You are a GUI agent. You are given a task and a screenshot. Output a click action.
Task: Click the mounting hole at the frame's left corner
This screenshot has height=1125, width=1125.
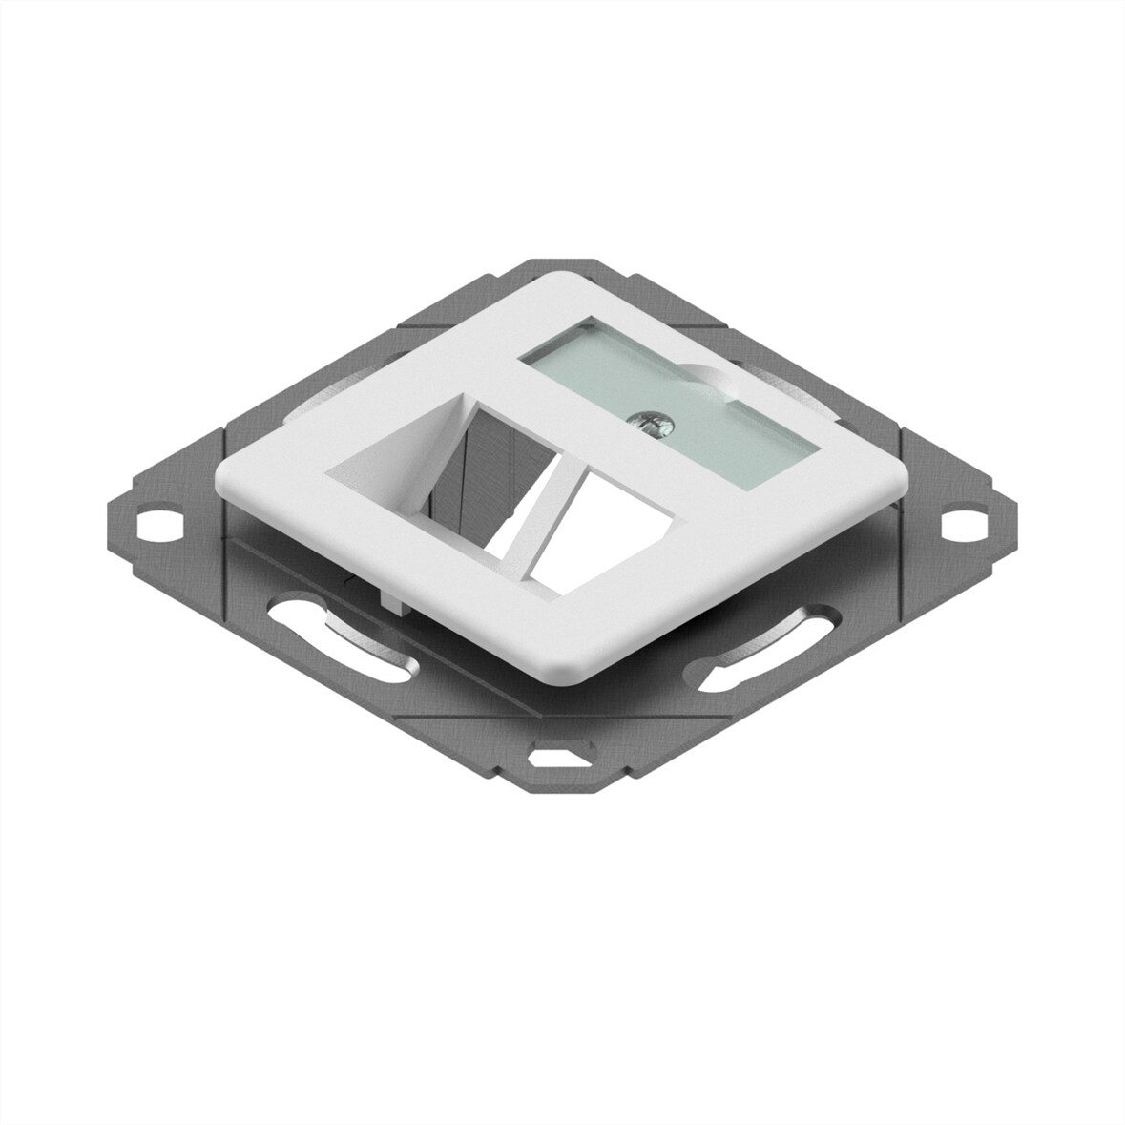coord(153,524)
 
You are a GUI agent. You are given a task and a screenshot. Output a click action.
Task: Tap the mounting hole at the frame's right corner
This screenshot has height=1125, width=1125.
coord(957,524)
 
